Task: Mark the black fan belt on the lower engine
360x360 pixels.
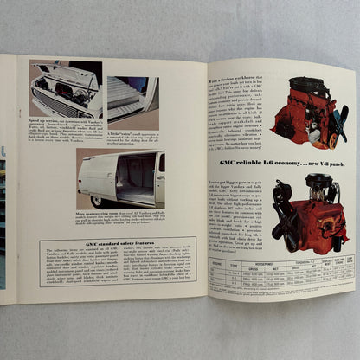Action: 284,222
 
